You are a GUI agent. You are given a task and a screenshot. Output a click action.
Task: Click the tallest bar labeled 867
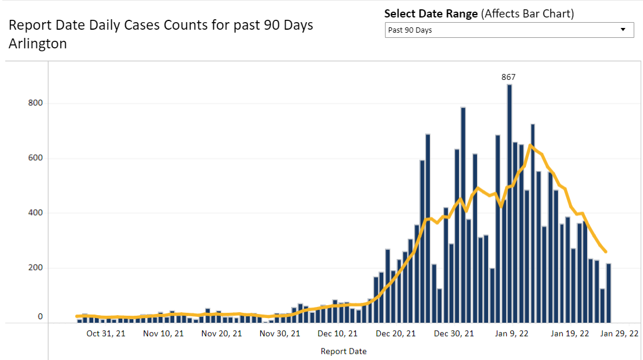(x=510, y=204)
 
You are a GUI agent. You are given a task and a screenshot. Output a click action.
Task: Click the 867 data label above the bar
(x=508, y=77)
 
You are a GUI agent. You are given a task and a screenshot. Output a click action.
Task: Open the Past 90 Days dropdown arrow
(x=623, y=30)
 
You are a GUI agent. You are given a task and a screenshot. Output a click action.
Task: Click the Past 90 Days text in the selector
(x=410, y=30)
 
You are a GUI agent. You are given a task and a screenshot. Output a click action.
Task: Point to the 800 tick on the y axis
(x=36, y=103)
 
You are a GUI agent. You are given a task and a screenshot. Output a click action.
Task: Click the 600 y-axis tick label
(x=36, y=158)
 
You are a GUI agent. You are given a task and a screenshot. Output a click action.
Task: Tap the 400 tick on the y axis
(x=36, y=213)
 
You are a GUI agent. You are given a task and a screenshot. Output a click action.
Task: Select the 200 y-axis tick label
(x=36, y=268)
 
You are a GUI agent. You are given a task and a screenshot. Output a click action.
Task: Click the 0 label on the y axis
(x=40, y=317)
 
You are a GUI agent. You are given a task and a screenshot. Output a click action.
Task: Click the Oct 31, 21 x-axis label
(x=105, y=334)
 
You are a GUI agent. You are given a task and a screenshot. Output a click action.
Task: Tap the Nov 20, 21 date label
(x=222, y=334)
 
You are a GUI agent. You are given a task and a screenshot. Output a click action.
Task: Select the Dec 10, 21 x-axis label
(x=338, y=334)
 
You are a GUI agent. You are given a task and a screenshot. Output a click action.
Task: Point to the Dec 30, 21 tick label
(x=454, y=334)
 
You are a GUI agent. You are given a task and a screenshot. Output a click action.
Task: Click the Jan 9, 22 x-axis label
(x=511, y=334)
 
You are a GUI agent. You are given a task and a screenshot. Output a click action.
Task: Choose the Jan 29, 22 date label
(x=620, y=334)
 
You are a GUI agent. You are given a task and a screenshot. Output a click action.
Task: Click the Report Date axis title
(x=344, y=351)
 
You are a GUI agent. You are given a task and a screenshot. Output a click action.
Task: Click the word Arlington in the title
(x=37, y=44)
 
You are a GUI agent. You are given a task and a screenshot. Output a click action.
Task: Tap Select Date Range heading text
(x=431, y=14)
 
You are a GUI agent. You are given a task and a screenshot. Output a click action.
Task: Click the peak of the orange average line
(x=530, y=145)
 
